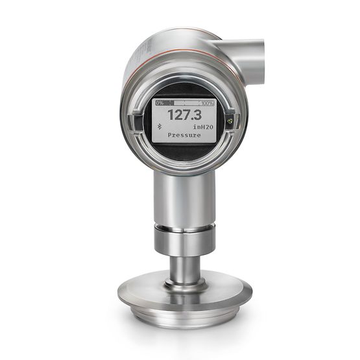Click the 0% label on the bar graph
pos(160,103)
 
